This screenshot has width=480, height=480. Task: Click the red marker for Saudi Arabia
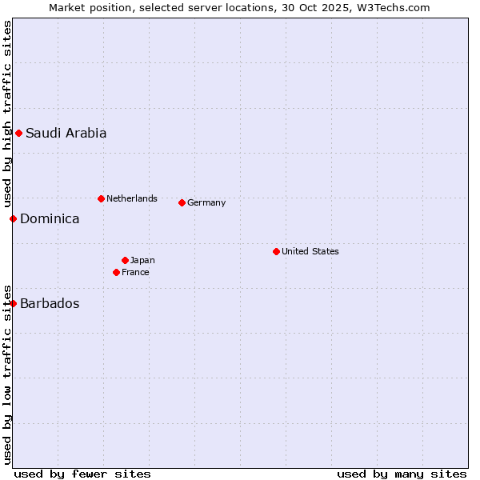(x=18, y=133)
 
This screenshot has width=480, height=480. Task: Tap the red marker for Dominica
(x=13, y=218)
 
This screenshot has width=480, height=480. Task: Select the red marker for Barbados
(x=13, y=303)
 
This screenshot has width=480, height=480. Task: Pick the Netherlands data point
(x=101, y=198)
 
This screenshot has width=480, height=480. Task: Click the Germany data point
(x=182, y=202)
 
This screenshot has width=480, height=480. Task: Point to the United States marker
(x=276, y=251)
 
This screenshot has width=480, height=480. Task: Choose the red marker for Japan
(x=125, y=260)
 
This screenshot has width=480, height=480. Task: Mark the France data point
(x=116, y=272)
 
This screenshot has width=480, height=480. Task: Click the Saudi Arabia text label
(x=66, y=134)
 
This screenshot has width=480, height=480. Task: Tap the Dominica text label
(x=50, y=218)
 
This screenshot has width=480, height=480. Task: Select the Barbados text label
(x=50, y=303)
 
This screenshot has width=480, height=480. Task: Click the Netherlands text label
(x=132, y=198)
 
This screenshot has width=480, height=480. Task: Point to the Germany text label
(x=206, y=202)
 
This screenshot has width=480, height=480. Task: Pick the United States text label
(x=310, y=251)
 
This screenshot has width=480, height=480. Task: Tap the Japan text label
(x=142, y=260)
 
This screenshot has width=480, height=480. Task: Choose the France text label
(x=135, y=272)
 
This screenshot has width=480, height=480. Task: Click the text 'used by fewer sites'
(x=82, y=474)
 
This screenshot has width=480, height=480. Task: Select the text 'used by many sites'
(x=402, y=474)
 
